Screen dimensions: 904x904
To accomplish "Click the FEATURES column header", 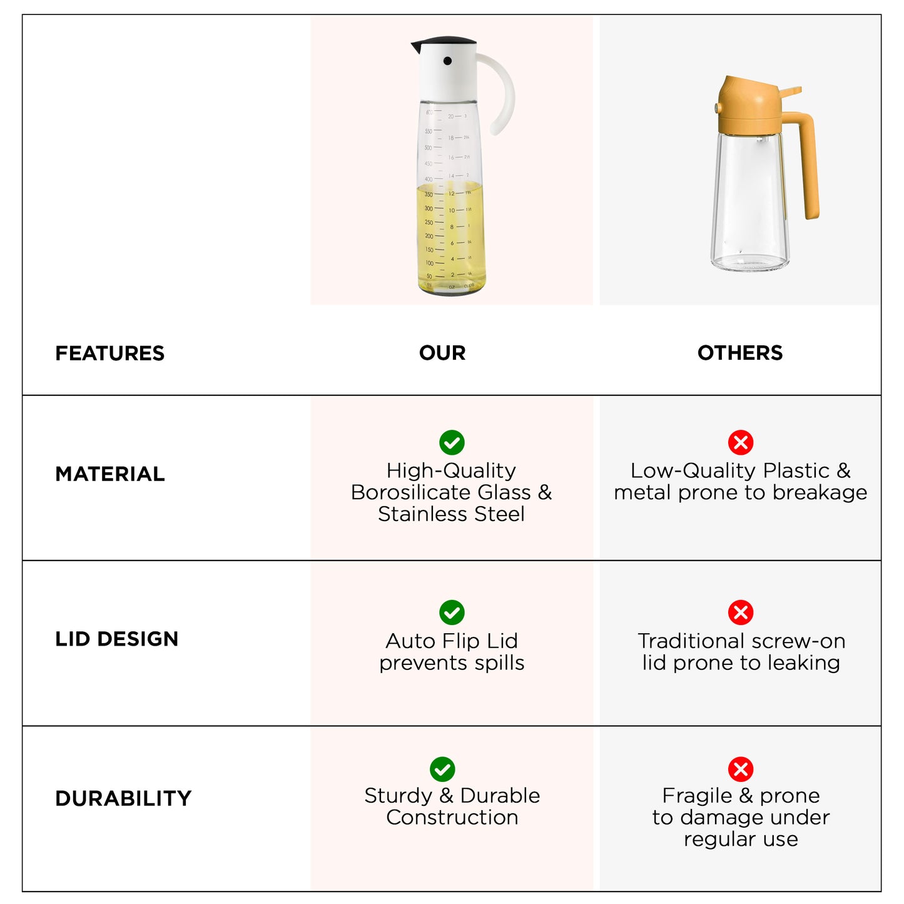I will (x=109, y=353).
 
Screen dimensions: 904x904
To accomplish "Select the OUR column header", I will (x=442, y=353).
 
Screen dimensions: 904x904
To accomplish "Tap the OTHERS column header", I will (x=740, y=353).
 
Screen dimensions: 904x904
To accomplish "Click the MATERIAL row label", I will (x=110, y=474).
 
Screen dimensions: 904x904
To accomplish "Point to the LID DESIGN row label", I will (x=117, y=639).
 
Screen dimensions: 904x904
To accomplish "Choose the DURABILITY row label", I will (x=123, y=798).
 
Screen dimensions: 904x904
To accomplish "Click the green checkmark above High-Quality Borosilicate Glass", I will (x=452, y=442).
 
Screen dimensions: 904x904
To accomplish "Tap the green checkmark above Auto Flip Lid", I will (x=452, y=612).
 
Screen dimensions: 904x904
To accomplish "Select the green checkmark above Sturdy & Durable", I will (x=442, y=769).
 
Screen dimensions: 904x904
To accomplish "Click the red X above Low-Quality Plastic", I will (x=741, y=442).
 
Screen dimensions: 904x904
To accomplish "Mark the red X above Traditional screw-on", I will (x=741, y=612).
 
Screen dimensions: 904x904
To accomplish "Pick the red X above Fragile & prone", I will (x=741, y=769).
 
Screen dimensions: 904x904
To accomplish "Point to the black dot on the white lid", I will (x=447, y=61).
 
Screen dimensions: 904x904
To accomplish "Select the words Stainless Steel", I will (x=451, y=514).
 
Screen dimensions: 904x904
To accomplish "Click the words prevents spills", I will (x=452, y=663).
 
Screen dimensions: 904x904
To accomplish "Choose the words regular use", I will (x=741, y=839).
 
